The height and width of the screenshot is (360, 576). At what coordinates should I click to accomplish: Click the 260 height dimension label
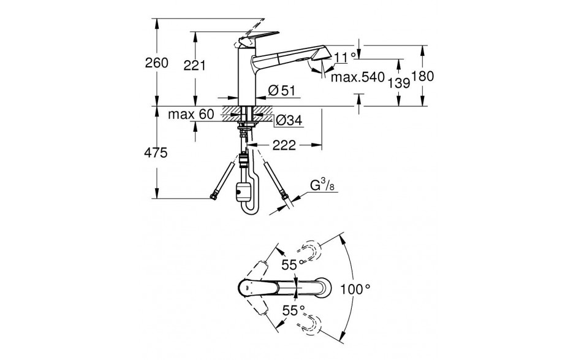point(156,63)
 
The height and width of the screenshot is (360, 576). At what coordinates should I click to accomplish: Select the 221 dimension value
point(194,66)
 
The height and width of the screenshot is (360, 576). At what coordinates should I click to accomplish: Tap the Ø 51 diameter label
point(281,90)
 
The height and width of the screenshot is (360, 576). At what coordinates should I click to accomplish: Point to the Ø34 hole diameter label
point(289,120)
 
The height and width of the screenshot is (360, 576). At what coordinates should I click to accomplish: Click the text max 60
point(191,114)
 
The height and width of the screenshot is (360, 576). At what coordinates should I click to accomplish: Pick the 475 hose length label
point(156,152)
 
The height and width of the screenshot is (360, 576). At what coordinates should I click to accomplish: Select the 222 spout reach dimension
point(284,145)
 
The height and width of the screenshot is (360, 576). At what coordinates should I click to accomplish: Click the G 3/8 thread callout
point(322,186)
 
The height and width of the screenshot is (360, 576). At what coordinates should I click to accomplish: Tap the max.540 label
point(357,77)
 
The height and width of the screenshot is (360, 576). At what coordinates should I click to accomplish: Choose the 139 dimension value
point(398,83)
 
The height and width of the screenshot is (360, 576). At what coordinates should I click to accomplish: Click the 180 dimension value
point(422,77)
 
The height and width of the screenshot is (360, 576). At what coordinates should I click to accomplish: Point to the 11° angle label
point(345,57)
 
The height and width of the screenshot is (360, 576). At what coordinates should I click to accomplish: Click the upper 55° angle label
point(293,264)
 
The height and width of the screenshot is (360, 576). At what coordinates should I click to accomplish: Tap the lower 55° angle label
point(294,311)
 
